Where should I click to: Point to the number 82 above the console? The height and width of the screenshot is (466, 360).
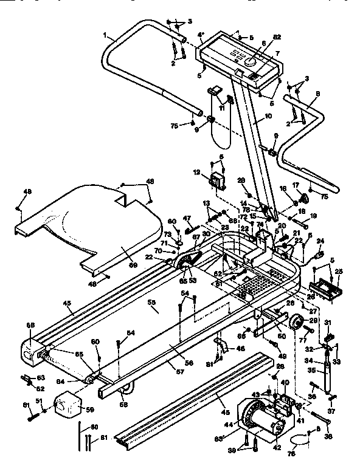(277, 38)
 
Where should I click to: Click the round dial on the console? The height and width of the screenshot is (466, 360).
(251, 62)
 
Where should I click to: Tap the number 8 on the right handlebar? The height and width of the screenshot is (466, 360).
(318, 94)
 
